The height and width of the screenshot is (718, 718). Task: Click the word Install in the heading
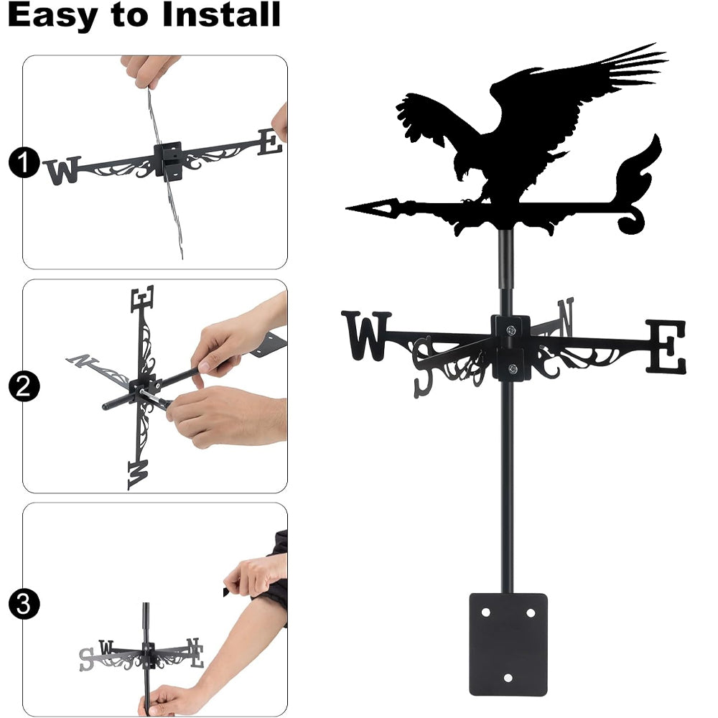(x=221, y=14)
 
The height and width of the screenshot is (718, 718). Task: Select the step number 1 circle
(x=24, y=162)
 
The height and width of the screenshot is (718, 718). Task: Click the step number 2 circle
(x=24, y=386)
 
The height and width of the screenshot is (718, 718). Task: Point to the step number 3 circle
(x=24, y=605)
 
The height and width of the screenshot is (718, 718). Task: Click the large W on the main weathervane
(x=366, y=335)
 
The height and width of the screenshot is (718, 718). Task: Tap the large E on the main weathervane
(x=666, y=346)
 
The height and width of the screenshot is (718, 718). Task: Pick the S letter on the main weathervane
(x=423, y=367)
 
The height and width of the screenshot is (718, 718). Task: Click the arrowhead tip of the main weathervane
(x=347, y=208)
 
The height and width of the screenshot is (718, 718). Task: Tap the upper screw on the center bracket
(x=511, y=330)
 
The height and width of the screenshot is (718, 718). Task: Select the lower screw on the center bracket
(x=513, y=368)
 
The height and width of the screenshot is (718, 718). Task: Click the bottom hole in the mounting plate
(x=508, y=678)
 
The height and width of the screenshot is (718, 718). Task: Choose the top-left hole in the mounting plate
(x=486, y=612)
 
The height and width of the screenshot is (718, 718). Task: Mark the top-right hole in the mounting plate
(x=531, y=612)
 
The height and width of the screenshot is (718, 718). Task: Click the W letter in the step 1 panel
(x=62, y=170)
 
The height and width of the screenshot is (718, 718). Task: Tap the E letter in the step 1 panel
(x=270, y=142)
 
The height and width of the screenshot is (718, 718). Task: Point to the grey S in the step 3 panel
(x=86, y=659)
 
